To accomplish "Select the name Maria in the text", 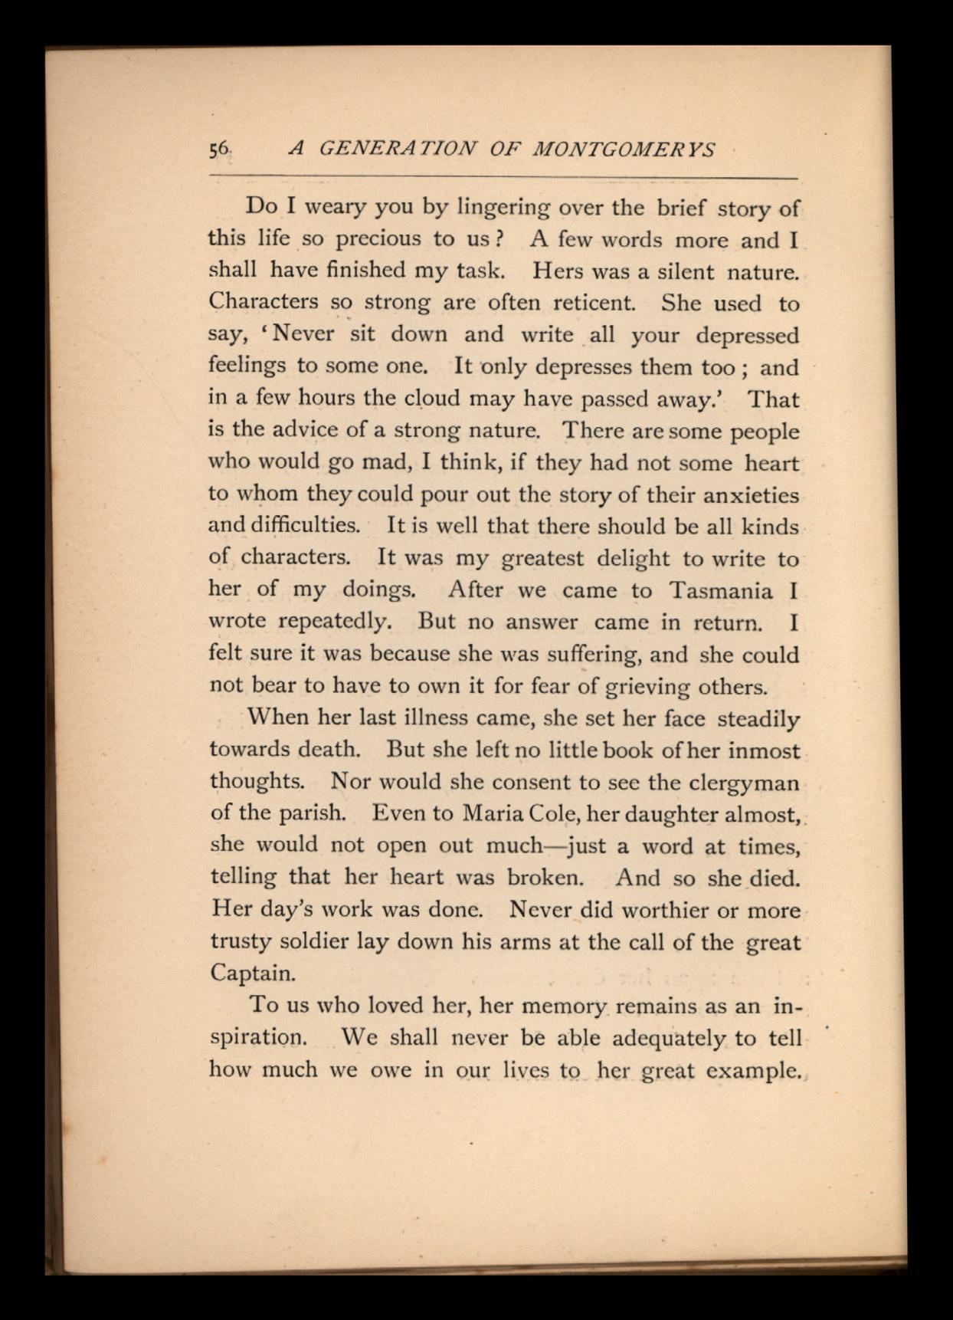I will coord(495,813).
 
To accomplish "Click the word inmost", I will coord(763,750).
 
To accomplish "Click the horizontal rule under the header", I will coord(503,177).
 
